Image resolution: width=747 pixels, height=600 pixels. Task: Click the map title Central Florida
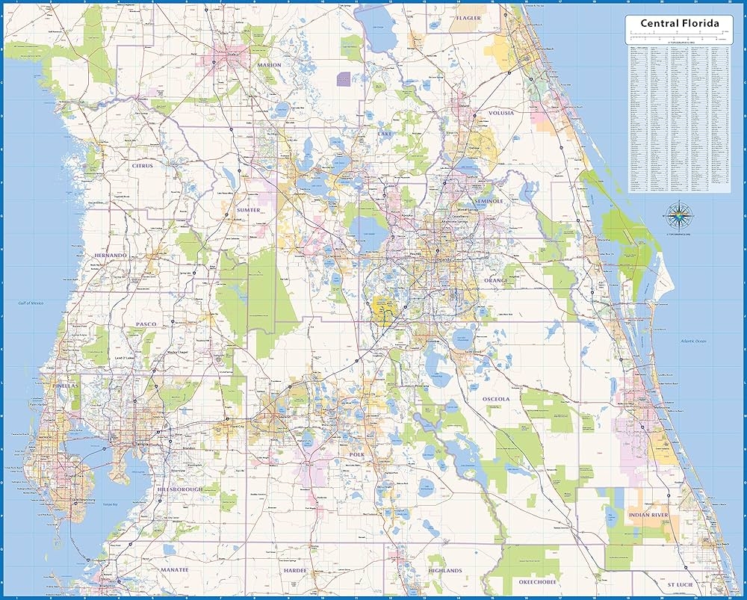tap(679, 23)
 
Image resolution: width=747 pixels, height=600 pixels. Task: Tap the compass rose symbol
tap(678, 217)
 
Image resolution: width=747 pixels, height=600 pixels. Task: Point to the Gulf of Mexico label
tap(33, 303)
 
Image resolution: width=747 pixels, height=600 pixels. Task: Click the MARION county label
tap(269, 65)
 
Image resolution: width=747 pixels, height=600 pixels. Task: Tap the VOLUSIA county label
tap(502, 114)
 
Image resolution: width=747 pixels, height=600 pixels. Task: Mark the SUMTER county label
tap(248, 210)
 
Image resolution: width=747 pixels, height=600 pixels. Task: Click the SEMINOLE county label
tap(489, 201)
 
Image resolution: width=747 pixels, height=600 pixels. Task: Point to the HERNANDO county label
tap(110, 256)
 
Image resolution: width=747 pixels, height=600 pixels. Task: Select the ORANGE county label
tap(495, 281)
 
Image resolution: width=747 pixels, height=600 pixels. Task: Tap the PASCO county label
tap(145, 324)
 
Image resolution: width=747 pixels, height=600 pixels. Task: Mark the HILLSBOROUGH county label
tap(180, 489)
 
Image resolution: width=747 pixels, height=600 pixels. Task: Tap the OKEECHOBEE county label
tap(536, 581)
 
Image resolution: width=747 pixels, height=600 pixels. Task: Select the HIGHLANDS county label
tap(446, 571)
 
